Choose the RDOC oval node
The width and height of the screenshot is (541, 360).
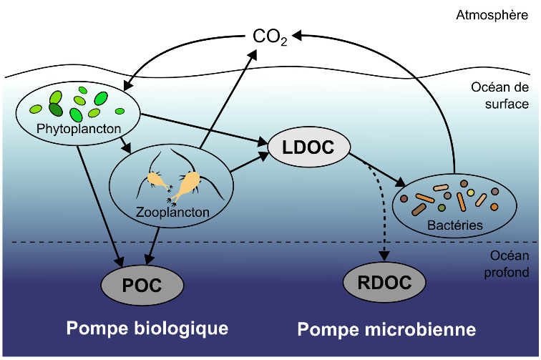pos(389,282)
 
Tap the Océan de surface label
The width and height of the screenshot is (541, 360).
pos(499,96)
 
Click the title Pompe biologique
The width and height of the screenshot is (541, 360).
pos(147,329)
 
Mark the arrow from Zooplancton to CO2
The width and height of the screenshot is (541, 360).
pos(225,107)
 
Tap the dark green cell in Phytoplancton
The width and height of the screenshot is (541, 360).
pos(55,110)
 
